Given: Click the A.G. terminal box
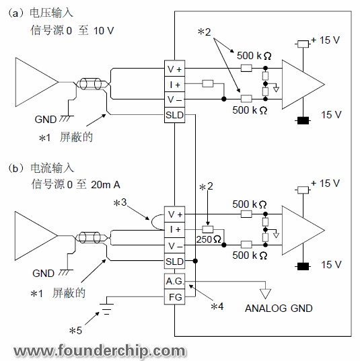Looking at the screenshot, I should [174, 281].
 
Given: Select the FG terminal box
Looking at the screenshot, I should [174, 296].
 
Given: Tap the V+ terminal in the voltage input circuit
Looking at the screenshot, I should [174, 69].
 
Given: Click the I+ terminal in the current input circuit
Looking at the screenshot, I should [174, 230].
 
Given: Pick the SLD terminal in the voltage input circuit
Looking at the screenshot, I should [174, 115].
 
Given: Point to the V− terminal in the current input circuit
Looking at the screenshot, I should [174, 245].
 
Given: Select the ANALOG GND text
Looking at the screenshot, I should [279, 309].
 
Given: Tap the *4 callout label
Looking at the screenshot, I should [217, 307].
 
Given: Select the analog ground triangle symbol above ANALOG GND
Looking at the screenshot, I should [264, 293].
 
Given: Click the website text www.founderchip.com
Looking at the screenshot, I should [100, 350].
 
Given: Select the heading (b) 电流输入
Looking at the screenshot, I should [42, 167].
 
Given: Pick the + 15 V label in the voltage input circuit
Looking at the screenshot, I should [325, 40].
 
